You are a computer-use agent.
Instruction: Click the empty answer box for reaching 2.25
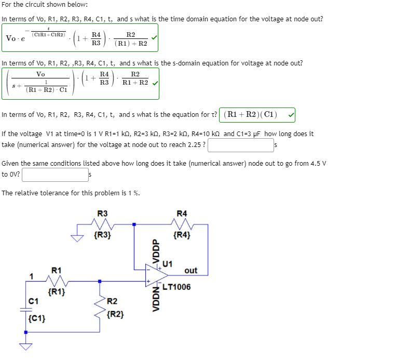point(240,145)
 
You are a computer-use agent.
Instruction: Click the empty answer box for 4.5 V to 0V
point(55,174)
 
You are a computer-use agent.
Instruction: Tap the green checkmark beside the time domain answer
point(153,38)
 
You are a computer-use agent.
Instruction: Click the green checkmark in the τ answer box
point(291,114)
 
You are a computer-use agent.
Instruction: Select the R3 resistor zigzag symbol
point(102,224)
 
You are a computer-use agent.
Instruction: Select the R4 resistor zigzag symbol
point(182,224)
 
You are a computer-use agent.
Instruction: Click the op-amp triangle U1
point(155,275)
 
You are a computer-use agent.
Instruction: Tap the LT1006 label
point(176,287)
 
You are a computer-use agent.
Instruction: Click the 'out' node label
point(190,270)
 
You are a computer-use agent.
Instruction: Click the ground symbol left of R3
point(78,238)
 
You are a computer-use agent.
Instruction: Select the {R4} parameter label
point(182,235)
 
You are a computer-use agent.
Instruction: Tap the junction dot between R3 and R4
point(134,224)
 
